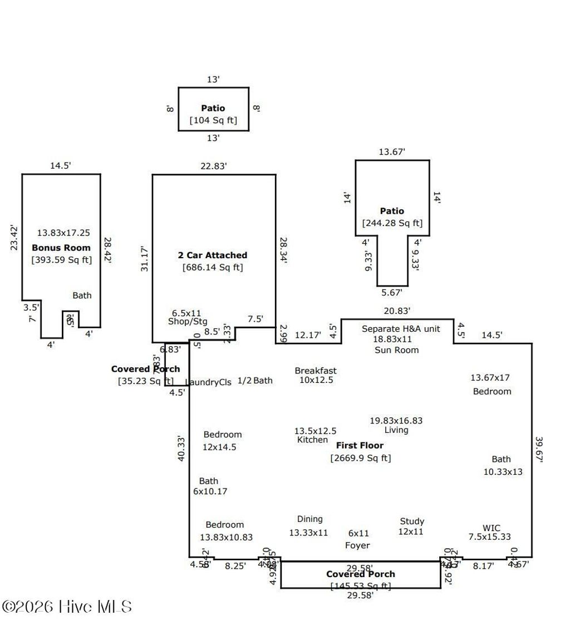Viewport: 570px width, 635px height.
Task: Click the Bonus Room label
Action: click(x=61, y=248)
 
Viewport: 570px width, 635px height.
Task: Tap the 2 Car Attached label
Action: click(x=212, y=255)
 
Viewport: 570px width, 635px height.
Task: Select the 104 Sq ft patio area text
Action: click(x=213, y=120)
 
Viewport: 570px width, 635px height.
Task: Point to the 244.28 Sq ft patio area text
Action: click(x=392, y=223)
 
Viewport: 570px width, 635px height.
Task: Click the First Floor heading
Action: click(x=360, y=445)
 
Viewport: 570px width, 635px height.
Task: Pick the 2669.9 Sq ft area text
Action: click(x=360, y=458)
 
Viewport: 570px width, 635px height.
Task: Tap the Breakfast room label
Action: click(x=316, y=371)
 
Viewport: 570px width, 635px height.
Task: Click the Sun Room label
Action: click(x=396, y=350)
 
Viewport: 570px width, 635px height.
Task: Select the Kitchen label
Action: click(x=312, y=440)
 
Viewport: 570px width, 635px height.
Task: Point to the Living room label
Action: click(x=396, y=430)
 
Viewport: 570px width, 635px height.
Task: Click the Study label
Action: click(x=412, y=521)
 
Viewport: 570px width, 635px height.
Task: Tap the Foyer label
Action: click(x=357, y=545)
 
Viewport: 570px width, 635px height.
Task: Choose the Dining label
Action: click(x=309, y=519)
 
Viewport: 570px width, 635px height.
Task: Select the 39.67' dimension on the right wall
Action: click(x=538, y=449)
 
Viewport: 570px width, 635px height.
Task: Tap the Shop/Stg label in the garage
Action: click(x=184, y=322)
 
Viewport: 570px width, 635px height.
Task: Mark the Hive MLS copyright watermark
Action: click(x=67, y=606)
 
